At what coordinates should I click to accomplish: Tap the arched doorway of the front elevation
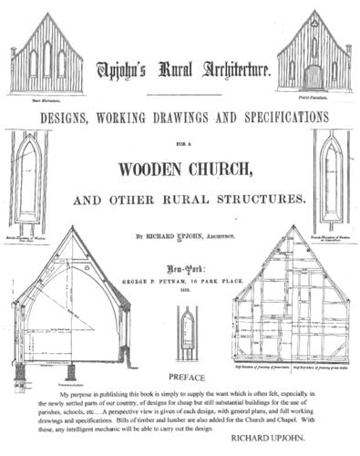click(x=312, y=76)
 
